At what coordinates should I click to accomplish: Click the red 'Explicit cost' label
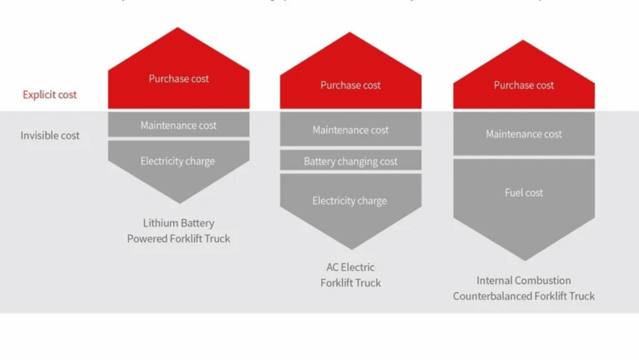[x=50, y=95]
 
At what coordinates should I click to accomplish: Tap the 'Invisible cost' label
[x=50, y=136]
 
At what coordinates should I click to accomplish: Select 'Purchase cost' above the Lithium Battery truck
[x=179, y=79]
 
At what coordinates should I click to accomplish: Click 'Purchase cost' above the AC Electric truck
[x=351, y=85]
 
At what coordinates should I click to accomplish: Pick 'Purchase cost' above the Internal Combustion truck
[x=524, y=85]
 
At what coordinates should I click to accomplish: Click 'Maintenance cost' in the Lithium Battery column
[x=179, y=125]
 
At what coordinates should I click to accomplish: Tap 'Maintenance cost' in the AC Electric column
[x=351, y=130]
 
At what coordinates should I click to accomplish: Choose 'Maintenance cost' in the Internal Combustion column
[x=524, y=134]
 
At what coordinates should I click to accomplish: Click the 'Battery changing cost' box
[x=351, y=162]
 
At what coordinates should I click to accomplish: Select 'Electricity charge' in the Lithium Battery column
[x=178, y=161]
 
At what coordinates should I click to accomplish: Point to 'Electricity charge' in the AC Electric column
[x=350, y=201]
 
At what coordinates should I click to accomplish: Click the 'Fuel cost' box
[x=524, y=192]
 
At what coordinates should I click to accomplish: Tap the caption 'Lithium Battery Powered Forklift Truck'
[x=179, y=231]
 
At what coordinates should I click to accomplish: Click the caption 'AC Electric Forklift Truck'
[x=351, y=275]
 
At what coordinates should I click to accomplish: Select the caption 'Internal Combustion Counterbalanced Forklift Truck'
[x=524, y=288]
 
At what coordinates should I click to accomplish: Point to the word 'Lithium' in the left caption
[x=160, y=223]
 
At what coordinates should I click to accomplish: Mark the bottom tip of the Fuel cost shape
[x=524, y=259]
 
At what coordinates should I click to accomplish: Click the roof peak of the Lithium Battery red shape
[x=178, y=29]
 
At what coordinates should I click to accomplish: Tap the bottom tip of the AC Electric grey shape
[x=351, y=248]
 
